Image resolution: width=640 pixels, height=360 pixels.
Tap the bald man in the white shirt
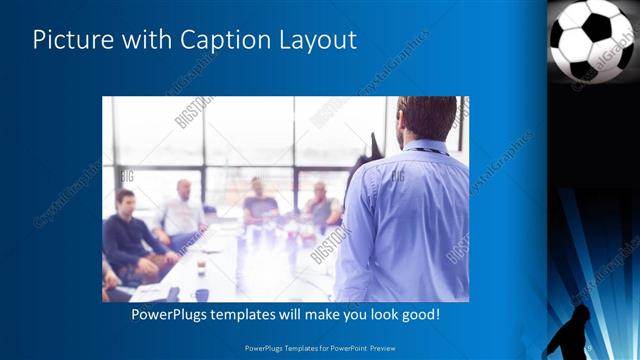182,210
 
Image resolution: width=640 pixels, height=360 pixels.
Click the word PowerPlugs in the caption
172,315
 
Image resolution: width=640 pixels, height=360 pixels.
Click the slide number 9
589,347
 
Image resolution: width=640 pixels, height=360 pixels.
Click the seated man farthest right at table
321,205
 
